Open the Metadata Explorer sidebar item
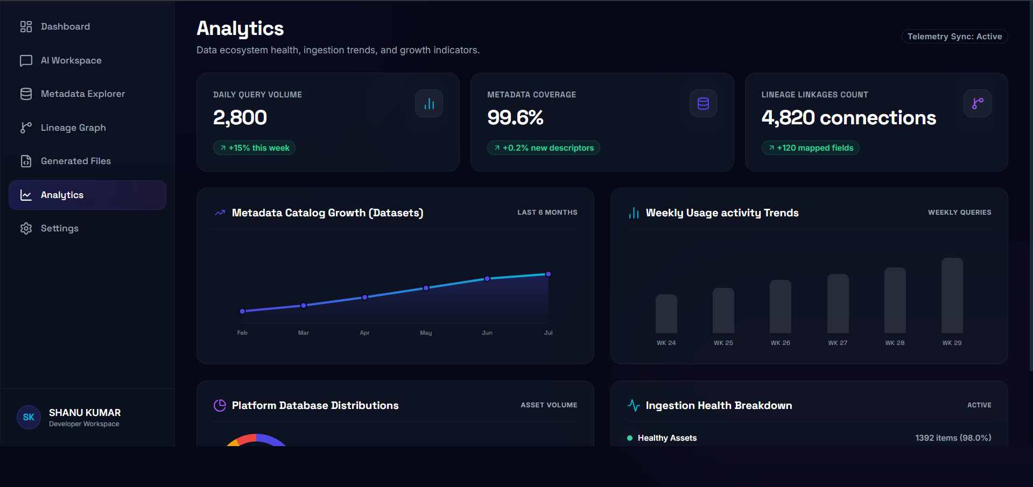click(82, 94)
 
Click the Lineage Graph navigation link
click(73, 128)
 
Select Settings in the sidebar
click(59, 228)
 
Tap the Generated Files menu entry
click(75, 161)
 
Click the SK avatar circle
click(29, 417)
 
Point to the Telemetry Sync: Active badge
click(954, 37)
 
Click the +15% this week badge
click(254, 148)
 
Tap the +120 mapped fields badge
click(810, 148)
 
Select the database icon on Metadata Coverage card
click(703, 103)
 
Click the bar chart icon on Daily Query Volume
click(429, 103)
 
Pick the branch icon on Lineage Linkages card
click(978, 103)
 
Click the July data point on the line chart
click(549, 274)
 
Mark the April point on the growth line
click(365, 297)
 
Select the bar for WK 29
click(952, 295)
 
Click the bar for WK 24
click(666, 314)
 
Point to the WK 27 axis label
click(838, 343)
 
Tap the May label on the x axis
click(426, 333)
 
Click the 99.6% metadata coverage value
click(515, 117)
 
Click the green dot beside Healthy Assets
click(630, 438)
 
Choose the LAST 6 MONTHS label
click(547, 213)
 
